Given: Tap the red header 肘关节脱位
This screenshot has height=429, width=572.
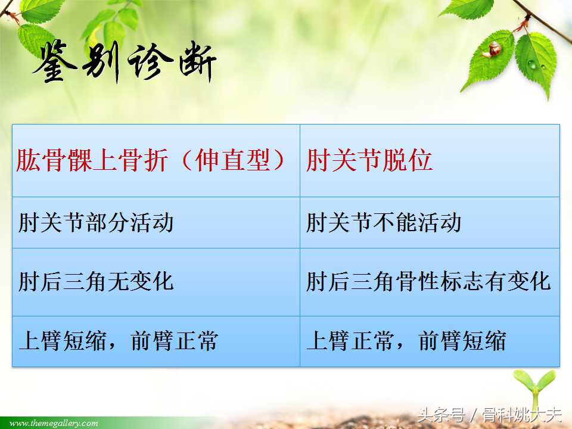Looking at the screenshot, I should tap(369, 161).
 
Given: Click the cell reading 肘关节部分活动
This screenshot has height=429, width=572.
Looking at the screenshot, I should tap(96, 223).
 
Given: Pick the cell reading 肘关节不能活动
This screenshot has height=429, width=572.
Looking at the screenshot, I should tap(384, 223).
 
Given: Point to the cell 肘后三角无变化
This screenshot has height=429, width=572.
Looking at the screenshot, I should tap(96, 281).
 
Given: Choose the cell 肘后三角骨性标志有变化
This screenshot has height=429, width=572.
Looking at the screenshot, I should tap(428, 281).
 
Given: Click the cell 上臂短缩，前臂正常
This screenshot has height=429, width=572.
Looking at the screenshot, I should tap(119, 341).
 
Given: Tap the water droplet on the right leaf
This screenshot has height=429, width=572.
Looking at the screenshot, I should tap(531, 63).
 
